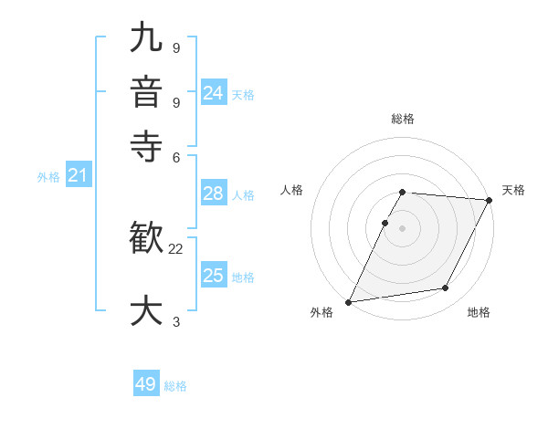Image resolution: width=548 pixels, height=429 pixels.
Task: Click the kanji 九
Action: coord(147,38)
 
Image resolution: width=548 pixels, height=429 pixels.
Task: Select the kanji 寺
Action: coord(147,145)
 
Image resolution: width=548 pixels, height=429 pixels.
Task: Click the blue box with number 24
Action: coord(214,92)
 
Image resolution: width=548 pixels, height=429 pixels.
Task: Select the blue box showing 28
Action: coord(214,194)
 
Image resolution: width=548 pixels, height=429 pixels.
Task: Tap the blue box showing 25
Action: coord(214,276)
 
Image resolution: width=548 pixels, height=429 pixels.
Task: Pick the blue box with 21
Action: coord(77,175)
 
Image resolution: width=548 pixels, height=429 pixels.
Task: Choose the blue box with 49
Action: coord(146,384)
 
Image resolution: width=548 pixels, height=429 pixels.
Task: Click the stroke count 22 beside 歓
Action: coord(176,248)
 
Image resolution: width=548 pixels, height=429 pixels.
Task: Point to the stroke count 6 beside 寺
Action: coord(176,156)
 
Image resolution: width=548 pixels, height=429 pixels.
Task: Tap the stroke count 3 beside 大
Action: coord(176,321)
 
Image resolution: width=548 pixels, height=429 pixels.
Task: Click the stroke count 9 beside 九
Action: coord(176,47)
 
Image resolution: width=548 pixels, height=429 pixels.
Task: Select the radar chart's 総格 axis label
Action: coord(403,120)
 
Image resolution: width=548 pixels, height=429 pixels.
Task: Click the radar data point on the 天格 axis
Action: coord(490,200)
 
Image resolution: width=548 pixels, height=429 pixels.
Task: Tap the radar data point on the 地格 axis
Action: coord(446,288)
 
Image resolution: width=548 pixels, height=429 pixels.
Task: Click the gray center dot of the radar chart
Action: coord(403,227)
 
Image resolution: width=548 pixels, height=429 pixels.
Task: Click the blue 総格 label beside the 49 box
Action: coord(175,386)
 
